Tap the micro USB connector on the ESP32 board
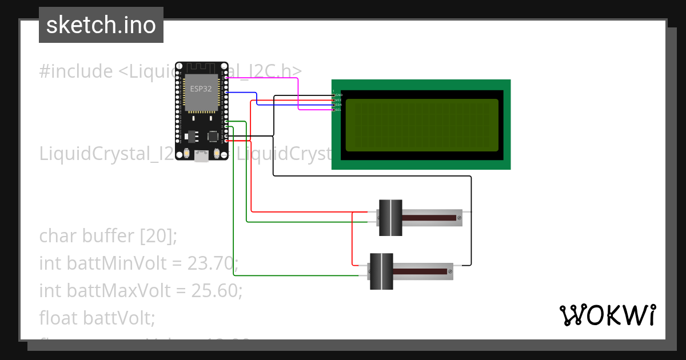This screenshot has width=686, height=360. (x=201, y=155)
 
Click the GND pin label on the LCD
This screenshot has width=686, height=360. (x=338, y=95)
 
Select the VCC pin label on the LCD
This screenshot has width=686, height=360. (x=338, y=100)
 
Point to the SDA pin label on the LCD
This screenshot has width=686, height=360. (x=338, y=105)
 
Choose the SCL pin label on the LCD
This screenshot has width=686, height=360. (x=338, y=110)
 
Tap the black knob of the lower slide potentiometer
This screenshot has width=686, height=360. (x=381, y=271)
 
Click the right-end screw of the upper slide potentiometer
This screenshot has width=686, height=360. (x=457, y=217)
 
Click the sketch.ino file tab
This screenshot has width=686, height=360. (x=101, y=25)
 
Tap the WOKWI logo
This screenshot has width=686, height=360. (x=607, y=315)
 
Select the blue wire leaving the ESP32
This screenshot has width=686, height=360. (x=256, y=98)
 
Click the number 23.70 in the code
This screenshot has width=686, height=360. (x=212, y=263)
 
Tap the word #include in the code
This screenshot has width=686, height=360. (x=75, y=71)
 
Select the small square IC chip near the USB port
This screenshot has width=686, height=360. (x=213, y=136)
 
